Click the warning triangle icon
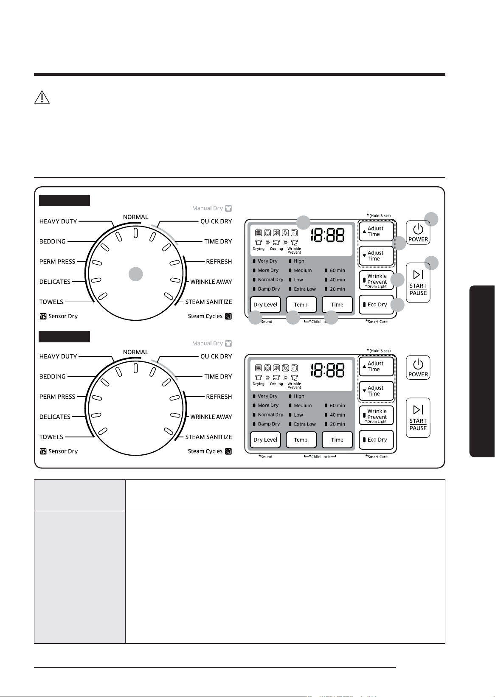click(x=42, y=97)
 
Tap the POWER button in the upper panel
click(x=418, y=232)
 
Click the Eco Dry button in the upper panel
click(x=377, y=305)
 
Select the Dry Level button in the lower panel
click(x=265, y=439)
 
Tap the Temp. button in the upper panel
click(x=301, y=305)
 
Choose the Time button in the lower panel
click(x=337, y=439)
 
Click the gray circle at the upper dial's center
click(x=136, y=274)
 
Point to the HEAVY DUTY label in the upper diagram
click(x=58, y=221)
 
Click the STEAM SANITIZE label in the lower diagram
click(x=208, y=437)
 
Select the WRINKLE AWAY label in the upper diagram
click(x=211, y=282)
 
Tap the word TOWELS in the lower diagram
click(x=51, y=437)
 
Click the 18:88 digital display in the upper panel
click(x=327, y=235)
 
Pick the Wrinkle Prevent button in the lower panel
click(x=377, y=415)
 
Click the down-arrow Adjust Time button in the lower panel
click(x=377, y=391)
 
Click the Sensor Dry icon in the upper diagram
click(x=43, y=316)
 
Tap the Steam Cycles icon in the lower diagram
click(x=228, y=451)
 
